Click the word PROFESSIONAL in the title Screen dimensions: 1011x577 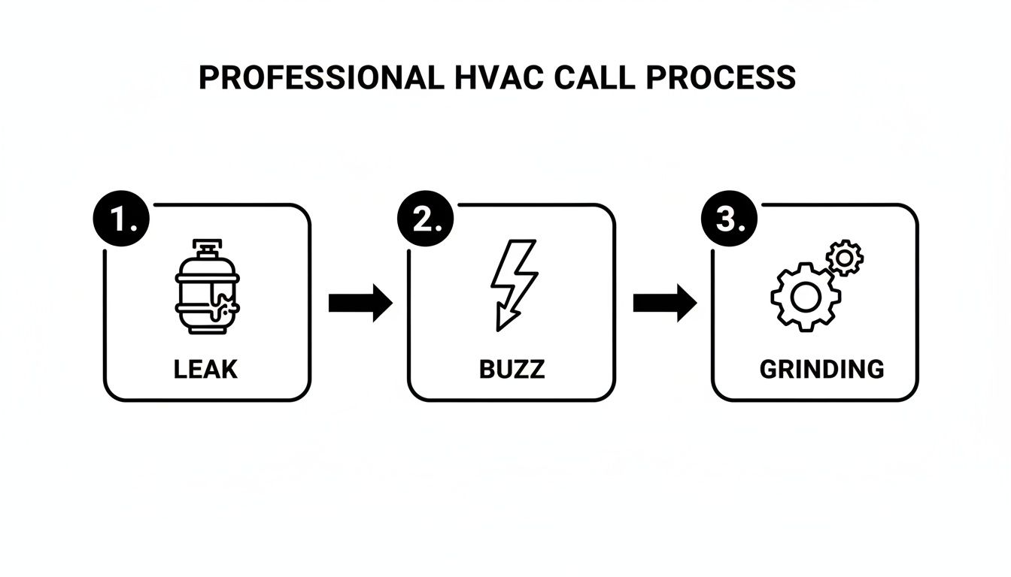(321, 77)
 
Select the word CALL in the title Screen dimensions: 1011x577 (594, 77)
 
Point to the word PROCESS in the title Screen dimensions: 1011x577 (721, 77)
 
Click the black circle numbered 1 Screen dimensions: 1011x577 (121, 219)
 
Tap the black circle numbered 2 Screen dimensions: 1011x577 (425, 219)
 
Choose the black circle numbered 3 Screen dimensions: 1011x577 (729, 219)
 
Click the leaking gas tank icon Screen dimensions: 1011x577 (207, 287)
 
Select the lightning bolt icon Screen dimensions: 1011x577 (514, 285)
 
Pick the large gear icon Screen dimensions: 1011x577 (806, 297)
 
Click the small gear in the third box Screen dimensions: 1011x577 (845, 258)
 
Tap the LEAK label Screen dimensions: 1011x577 (205, 370)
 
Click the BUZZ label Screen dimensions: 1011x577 (512, 370)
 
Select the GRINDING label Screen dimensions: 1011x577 (822, 370)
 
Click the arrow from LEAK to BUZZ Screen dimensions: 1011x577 (360, 303)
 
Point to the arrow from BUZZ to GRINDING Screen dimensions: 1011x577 (665, 303)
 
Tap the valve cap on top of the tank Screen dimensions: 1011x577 (207, 247)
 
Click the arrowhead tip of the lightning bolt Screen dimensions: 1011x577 (498, 331)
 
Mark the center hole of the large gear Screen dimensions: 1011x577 (806, 297)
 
